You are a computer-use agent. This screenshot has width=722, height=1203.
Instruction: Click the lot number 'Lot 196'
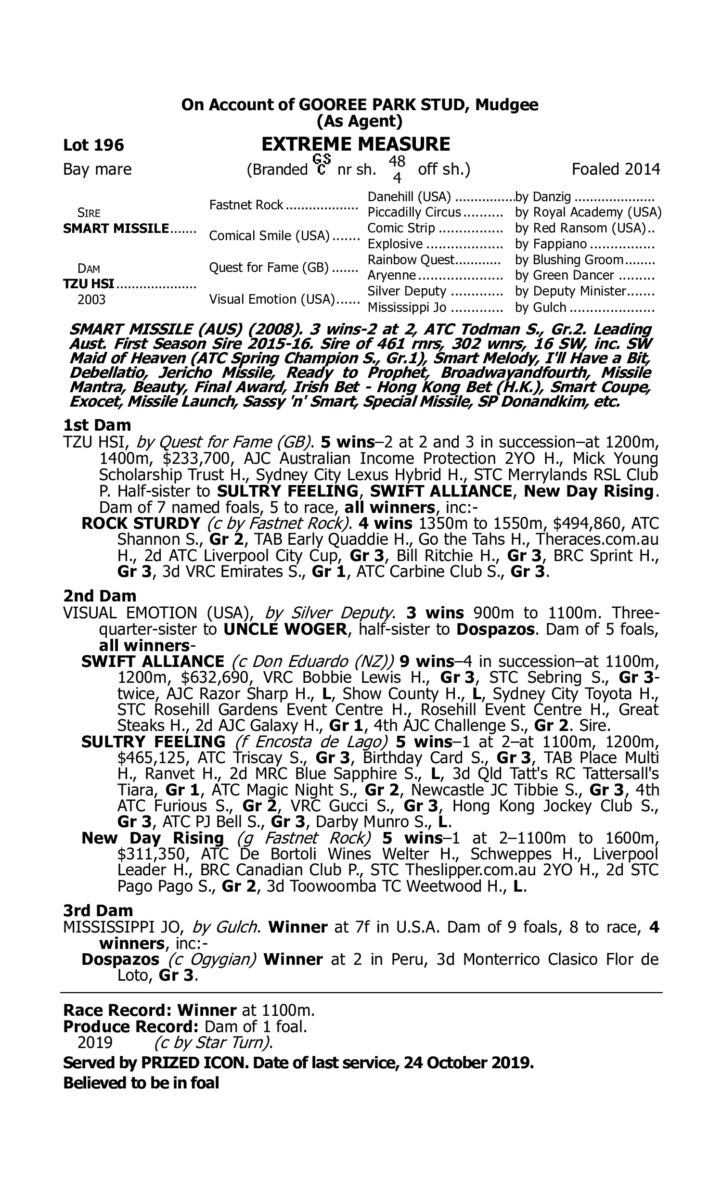pos(93,145)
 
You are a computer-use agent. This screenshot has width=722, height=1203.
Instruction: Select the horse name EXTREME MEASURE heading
pos(356,144)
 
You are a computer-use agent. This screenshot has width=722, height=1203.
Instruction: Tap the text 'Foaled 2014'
pos(616,169)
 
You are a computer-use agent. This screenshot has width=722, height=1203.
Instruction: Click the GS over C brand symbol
pos(322,165)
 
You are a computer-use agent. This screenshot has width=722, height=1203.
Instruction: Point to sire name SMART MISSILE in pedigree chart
pos(116,229)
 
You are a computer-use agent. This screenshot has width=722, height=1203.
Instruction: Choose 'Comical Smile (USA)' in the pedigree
pos(269,236)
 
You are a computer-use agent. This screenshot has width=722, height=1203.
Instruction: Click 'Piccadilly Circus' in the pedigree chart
pos(414,213)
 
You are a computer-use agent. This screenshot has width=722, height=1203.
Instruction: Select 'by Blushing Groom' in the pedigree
pos(569,260)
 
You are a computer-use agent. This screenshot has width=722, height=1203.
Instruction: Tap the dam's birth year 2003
pos(91,299)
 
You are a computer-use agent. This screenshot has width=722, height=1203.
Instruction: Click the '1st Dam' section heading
pos(97,425)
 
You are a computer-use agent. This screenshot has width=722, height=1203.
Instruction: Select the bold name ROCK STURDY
pos(141,523)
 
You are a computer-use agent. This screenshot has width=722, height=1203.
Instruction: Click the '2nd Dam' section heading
pos(100,596)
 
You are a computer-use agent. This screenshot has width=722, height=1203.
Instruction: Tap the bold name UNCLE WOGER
pos(285,629)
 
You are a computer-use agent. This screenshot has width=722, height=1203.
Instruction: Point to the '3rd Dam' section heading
pos(98,911)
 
